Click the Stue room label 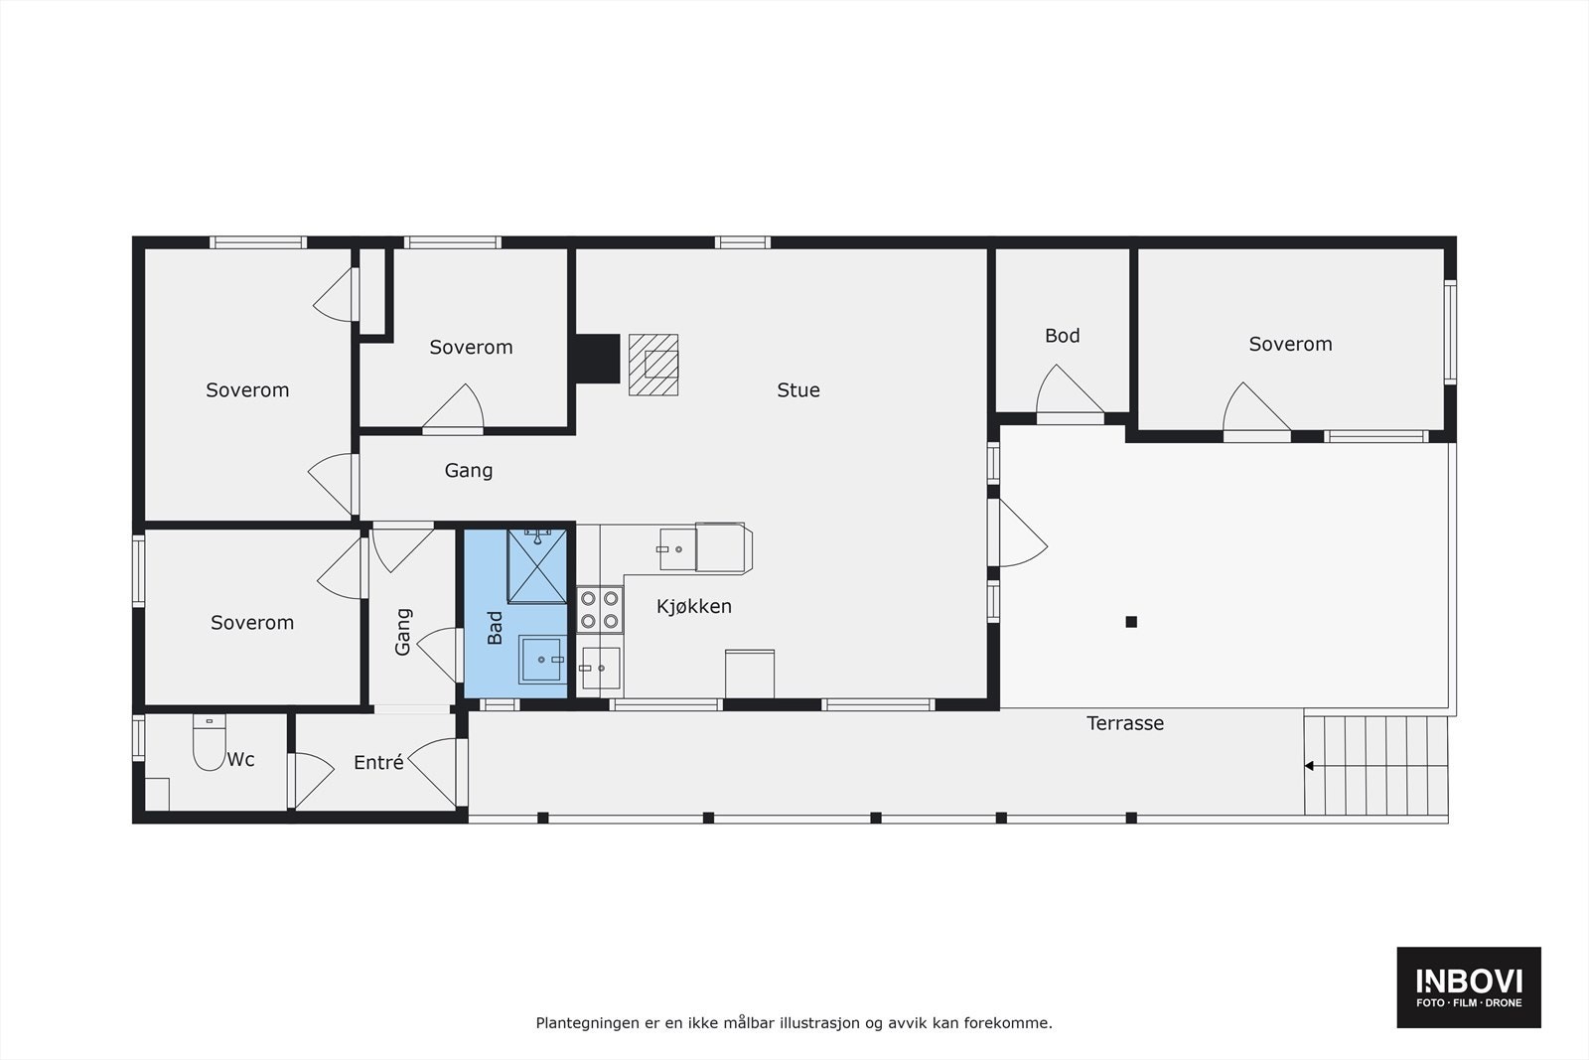coord(798,390)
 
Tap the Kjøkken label coord(694,606)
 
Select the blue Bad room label coord(496,628)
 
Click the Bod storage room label coord(1062,336)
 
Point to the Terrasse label coord(1124,723)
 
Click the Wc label coord(241,760)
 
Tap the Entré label coord(378,763)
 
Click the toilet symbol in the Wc coord(210,745)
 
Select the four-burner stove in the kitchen coord(600,609)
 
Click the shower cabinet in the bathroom coord(536,566)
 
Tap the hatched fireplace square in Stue coord(653,365)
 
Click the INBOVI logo coord(1469,986)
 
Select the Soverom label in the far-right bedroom coord(1290,345)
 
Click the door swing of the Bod coord(1069,392)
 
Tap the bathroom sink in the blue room coord(542,660)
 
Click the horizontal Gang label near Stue coord(468,471)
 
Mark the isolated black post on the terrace coord(1130,622)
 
